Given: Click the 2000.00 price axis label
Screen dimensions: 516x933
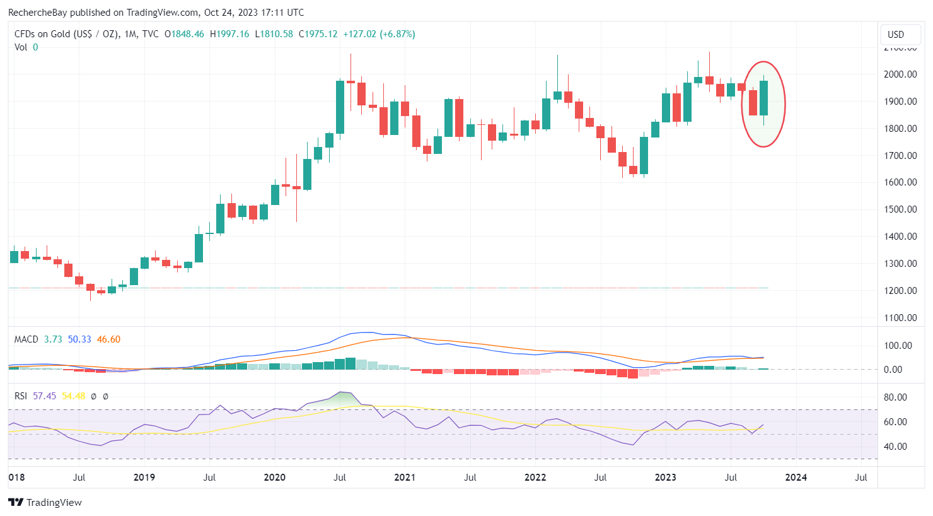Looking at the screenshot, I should point(900,74).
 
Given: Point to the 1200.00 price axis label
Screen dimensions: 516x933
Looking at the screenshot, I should point(900,291).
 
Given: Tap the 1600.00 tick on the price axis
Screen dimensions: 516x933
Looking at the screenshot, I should point(900,182).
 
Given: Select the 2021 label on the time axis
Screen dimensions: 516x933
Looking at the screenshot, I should point(405,478).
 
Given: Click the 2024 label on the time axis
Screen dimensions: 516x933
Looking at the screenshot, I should point(796,478).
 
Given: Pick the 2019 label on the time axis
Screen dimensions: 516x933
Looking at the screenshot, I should point(144,478).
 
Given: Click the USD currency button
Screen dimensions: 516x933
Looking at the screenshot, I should point(896,35).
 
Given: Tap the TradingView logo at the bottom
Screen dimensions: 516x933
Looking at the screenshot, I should point(45,503).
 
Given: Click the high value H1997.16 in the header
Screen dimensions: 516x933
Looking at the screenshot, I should point(229,34).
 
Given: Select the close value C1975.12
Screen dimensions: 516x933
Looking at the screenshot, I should point(318,34).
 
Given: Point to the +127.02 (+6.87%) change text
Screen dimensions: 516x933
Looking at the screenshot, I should point(379,34).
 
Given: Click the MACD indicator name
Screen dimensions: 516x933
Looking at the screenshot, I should point(26,339).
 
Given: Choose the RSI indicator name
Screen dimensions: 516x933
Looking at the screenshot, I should point(21,396).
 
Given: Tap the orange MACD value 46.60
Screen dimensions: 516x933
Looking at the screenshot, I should point(108,339).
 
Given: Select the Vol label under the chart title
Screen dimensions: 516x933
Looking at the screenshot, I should point(21,47).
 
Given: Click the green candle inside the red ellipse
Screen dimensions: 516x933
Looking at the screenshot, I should point(764,98).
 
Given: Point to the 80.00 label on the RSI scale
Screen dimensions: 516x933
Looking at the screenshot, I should point(895,397).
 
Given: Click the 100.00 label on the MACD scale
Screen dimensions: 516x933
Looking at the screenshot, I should point(897,346).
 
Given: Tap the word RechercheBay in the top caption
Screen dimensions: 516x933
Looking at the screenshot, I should point(38,13).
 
